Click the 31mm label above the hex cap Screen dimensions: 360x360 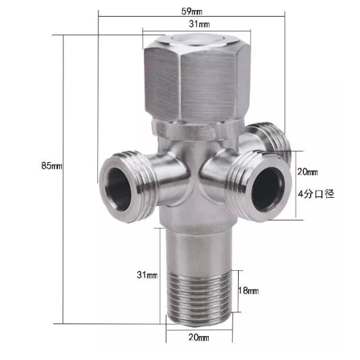(196, 25)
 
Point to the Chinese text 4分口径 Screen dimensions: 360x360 (315, 194)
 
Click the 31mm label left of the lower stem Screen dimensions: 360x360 (147, 275)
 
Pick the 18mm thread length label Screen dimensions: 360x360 (248, 291)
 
